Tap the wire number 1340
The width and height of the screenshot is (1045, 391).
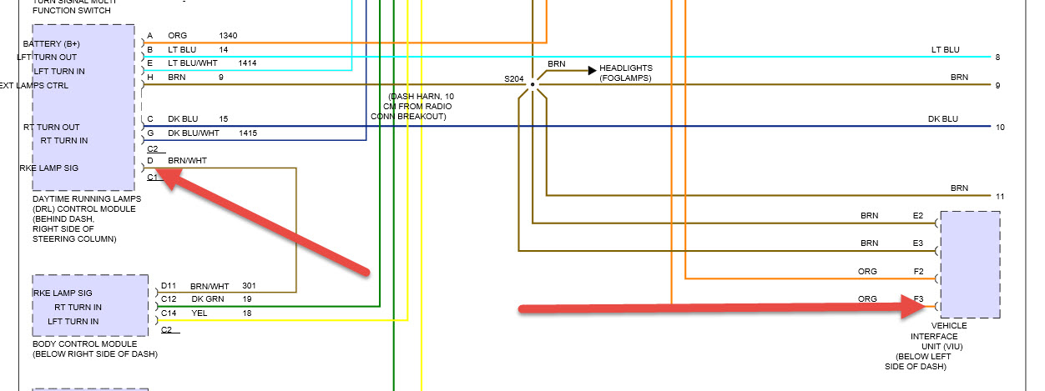coord(228,36)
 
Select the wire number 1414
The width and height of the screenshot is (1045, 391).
coord(247,63)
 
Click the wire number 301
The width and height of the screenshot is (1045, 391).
coord(248,285)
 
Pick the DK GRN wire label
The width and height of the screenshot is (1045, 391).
coord(209,298)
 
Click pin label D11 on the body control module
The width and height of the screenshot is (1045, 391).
coord(169,285)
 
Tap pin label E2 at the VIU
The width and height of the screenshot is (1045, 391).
coord(917,216)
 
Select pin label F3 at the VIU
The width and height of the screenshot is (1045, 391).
coord(917,298)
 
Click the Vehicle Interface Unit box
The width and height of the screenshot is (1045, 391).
coord(969,263)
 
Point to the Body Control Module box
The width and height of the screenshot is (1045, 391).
coord(90,305)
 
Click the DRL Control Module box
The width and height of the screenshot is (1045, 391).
coord(83,108)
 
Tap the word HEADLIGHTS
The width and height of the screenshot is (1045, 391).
coord(625,68)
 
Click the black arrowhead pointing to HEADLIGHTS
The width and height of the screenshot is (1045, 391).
coord(592,70)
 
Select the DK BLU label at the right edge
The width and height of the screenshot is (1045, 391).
coord(943,119)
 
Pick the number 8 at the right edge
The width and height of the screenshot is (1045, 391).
coord(997,57)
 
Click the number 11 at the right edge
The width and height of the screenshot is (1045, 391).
coord(999,196)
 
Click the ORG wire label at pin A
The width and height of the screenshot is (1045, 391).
coord(178,36)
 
